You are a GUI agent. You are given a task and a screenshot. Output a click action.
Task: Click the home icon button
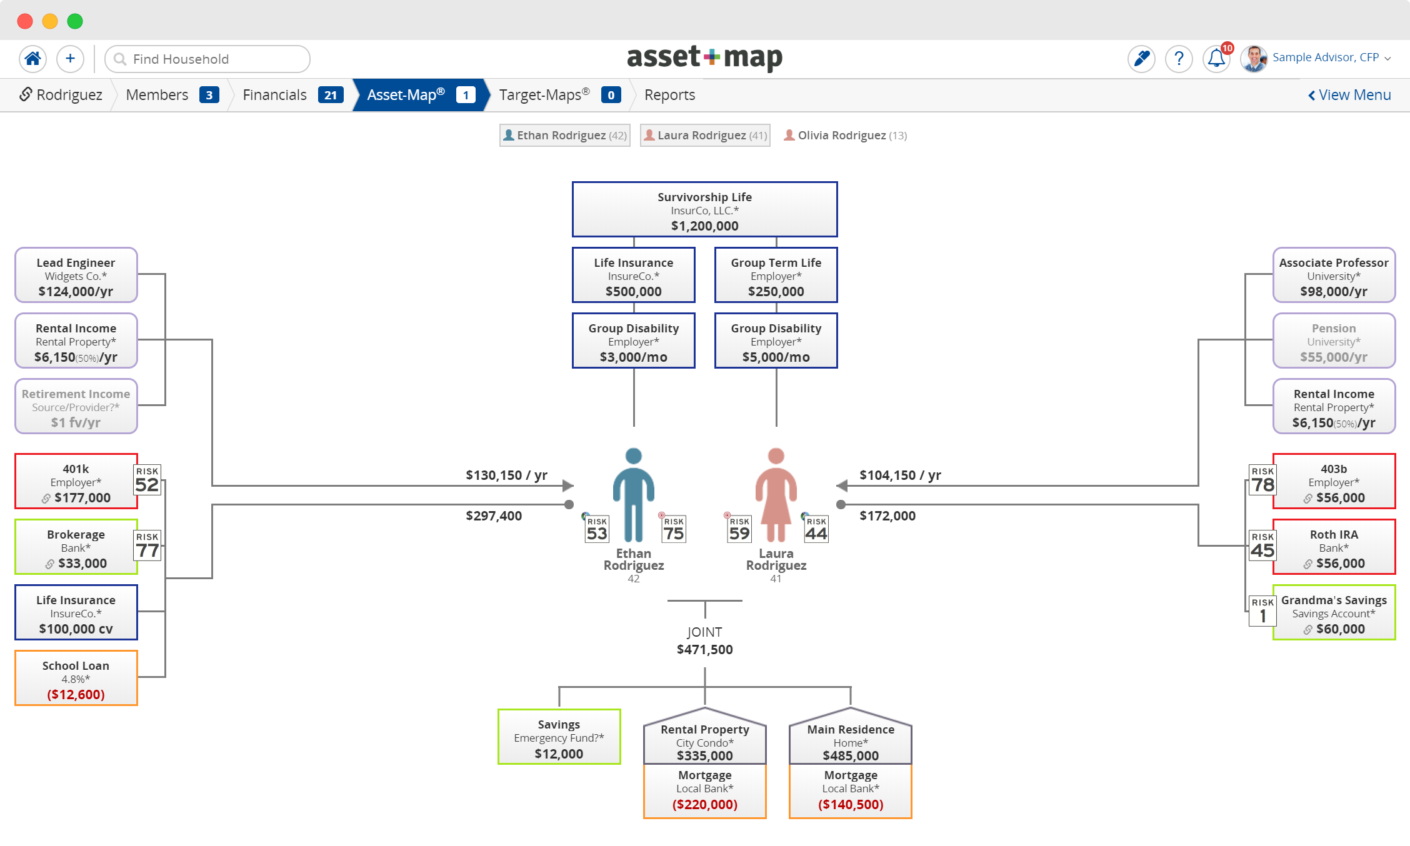(32, 59)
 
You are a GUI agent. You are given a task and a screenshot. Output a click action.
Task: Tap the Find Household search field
(207, 59)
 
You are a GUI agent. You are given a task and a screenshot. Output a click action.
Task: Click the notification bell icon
(1216, 59)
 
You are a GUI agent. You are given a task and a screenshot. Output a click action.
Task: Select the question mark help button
(1179, 59)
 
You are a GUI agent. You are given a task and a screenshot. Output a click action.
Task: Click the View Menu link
(1349, 95)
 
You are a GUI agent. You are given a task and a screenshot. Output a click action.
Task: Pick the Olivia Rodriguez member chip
(845, 135)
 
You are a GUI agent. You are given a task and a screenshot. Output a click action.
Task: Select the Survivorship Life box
(705, 210)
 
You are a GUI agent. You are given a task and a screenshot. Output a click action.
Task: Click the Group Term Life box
(776, 276)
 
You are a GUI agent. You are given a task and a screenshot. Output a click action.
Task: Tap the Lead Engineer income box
(76, 276)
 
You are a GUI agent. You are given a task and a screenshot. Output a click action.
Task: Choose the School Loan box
(76, 679)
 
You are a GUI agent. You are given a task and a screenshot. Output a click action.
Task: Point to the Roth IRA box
(1334, 547)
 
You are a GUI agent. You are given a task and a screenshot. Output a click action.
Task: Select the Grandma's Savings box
(1334, 613)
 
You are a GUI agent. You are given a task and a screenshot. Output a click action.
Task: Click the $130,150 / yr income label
(506, 475)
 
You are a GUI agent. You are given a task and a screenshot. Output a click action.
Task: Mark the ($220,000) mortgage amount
(705, 805)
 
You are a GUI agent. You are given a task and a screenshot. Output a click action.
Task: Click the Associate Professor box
(1334, 276)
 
